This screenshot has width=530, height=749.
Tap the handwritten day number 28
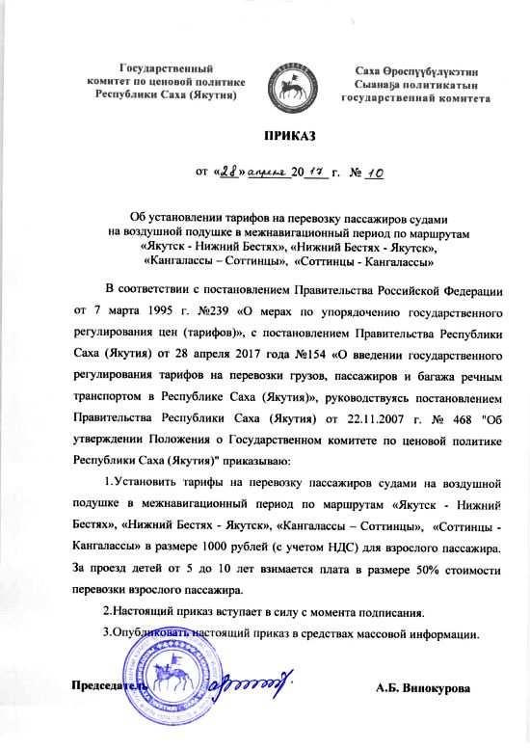[228, 172]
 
